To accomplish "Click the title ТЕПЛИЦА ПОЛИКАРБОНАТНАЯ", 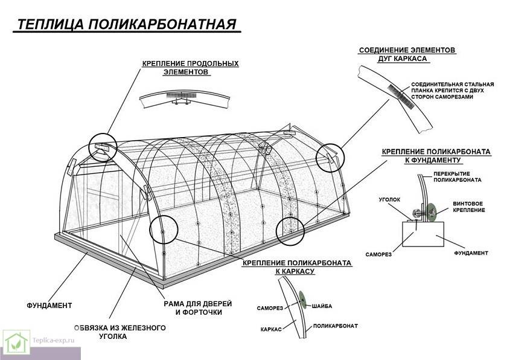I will coord(125,25).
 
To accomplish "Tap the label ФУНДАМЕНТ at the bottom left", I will coord(49,305).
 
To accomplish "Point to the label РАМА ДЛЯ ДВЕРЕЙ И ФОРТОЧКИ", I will coord(197,308).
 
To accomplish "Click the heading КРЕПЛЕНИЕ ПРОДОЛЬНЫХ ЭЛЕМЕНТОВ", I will coord(190,67).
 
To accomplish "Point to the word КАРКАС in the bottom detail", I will coord(272,330).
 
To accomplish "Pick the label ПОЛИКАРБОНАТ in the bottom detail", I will coord(336,326).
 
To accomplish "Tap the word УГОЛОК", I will coord(389,198).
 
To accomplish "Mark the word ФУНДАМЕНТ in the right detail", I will coord(471,253).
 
